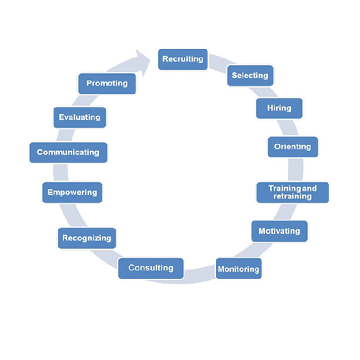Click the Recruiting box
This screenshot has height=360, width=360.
click(x=183, y=59)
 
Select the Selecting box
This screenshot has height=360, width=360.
click(x=250, y=76)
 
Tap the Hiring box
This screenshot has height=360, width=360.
click(x=279, y=108)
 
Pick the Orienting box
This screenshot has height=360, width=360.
click(x=292, y=147)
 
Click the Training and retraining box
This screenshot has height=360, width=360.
click(x=292, y=192)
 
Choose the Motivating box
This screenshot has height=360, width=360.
click(x=279, y=231)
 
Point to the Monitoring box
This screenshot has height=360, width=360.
click(x=238, y=269)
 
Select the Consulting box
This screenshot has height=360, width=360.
click(x=151, y=268)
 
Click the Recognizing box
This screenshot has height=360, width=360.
click(x=86, y=238)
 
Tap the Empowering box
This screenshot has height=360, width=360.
click(x=72, y=192)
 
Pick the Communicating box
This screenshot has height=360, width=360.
click(x=68, y=152)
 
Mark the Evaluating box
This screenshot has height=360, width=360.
click(x=79, y=117)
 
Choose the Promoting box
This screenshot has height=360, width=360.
click(x=107, y=83)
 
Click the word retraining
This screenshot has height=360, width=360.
click(x=292, y=197)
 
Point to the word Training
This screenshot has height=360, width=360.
click(x=282, y=188)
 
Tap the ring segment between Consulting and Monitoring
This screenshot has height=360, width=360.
click(x=200, y=275)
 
